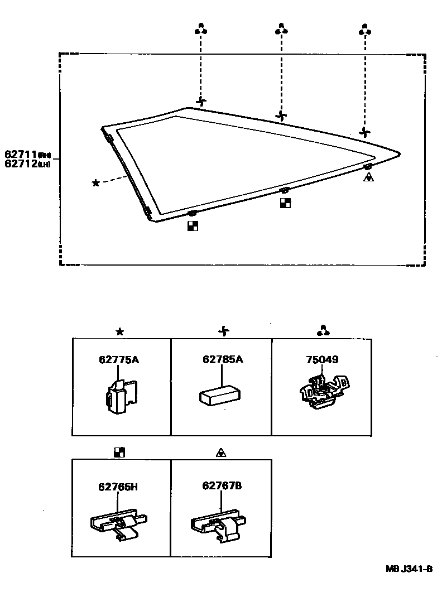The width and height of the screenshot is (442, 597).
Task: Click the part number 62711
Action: [21, 153]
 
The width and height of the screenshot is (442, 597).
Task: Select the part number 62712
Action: [21, 163]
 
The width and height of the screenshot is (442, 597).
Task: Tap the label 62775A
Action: [119, 360]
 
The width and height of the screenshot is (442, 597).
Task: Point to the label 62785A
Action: [223, 360]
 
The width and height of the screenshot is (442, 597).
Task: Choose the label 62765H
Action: [118, 487]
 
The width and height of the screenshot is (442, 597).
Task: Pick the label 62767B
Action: [222, 487]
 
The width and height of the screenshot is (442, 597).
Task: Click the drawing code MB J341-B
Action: [409, 569]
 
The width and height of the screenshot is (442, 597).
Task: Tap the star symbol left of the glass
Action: [96, 182]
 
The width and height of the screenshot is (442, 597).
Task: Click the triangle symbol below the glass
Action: [368, 177]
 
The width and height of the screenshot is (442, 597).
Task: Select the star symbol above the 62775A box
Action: [119, 331]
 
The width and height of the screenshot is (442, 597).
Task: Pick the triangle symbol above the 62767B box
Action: [221, 452]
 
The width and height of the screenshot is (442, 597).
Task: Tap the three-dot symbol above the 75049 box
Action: [321, 331]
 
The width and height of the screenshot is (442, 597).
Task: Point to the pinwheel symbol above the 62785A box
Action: [224, 331]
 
